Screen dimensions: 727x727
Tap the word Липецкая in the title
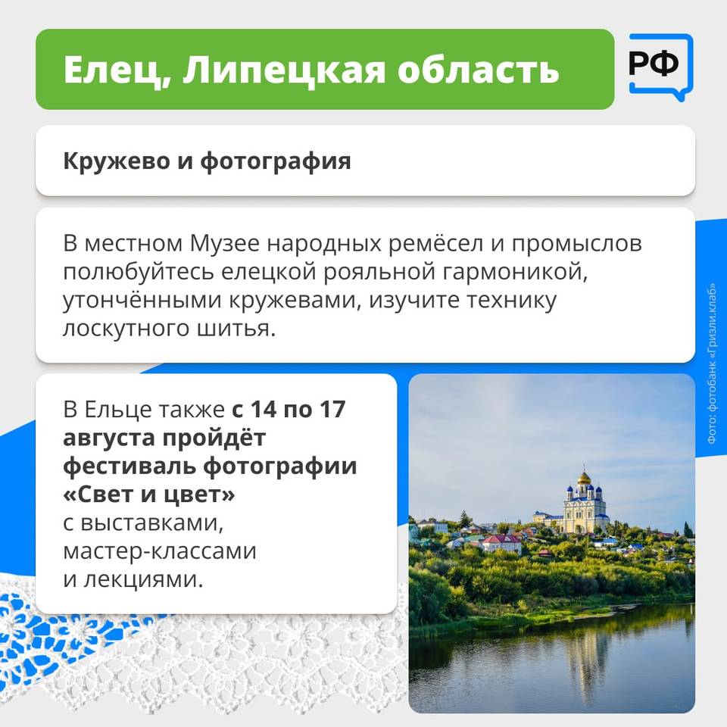coord(284,70)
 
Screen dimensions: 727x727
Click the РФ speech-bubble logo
coord(660,67)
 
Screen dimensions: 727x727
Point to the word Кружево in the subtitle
coord(117,161)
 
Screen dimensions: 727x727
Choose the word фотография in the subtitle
coord(276,162)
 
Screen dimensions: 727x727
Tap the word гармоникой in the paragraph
coord(515,273)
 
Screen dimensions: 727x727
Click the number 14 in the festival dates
coord(264,410)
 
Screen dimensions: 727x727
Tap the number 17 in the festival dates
coord(332,410)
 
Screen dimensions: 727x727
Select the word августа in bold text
coord(109,438)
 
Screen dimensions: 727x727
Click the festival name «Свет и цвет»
coord(149,495)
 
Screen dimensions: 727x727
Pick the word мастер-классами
coord(160,551)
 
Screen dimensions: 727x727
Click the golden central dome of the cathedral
coord(584,478)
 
